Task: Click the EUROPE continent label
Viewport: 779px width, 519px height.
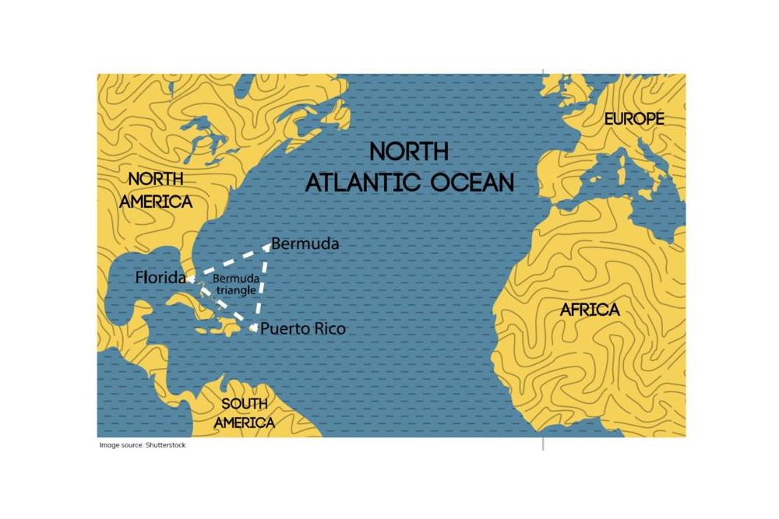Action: click(634, 119)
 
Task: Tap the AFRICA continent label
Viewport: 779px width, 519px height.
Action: click(590, 310)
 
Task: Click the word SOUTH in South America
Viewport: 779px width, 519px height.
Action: click(244, 404)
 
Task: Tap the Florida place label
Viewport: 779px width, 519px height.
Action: click(160, 277)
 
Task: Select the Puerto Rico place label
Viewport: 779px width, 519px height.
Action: click(302, 329)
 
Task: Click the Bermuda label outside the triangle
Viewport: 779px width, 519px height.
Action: click(305, 244)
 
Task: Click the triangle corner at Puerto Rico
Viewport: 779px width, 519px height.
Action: click(254, 328)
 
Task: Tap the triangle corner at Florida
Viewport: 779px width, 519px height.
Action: click(190, 278)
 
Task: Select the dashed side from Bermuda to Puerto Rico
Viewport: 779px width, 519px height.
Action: click(261, 286)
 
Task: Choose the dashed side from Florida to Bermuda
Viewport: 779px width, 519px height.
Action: click(228, 262)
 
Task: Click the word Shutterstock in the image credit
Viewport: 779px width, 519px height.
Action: click(165, 445)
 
